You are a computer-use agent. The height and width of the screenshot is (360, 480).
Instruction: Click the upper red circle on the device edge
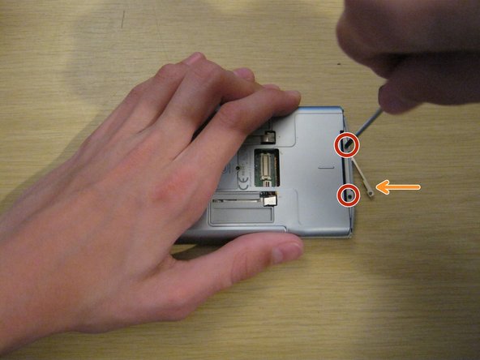(346, 144)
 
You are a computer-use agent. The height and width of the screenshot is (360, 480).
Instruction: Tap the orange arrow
(399, 188)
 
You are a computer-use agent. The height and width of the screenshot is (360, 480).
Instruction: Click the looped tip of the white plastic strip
(371, 193)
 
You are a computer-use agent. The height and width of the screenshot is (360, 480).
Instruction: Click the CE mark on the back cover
(241, 170)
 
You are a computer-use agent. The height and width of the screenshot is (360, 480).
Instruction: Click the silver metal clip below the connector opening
(268, 198)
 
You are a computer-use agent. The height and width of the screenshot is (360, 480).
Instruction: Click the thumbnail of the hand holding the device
(285, 253)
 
